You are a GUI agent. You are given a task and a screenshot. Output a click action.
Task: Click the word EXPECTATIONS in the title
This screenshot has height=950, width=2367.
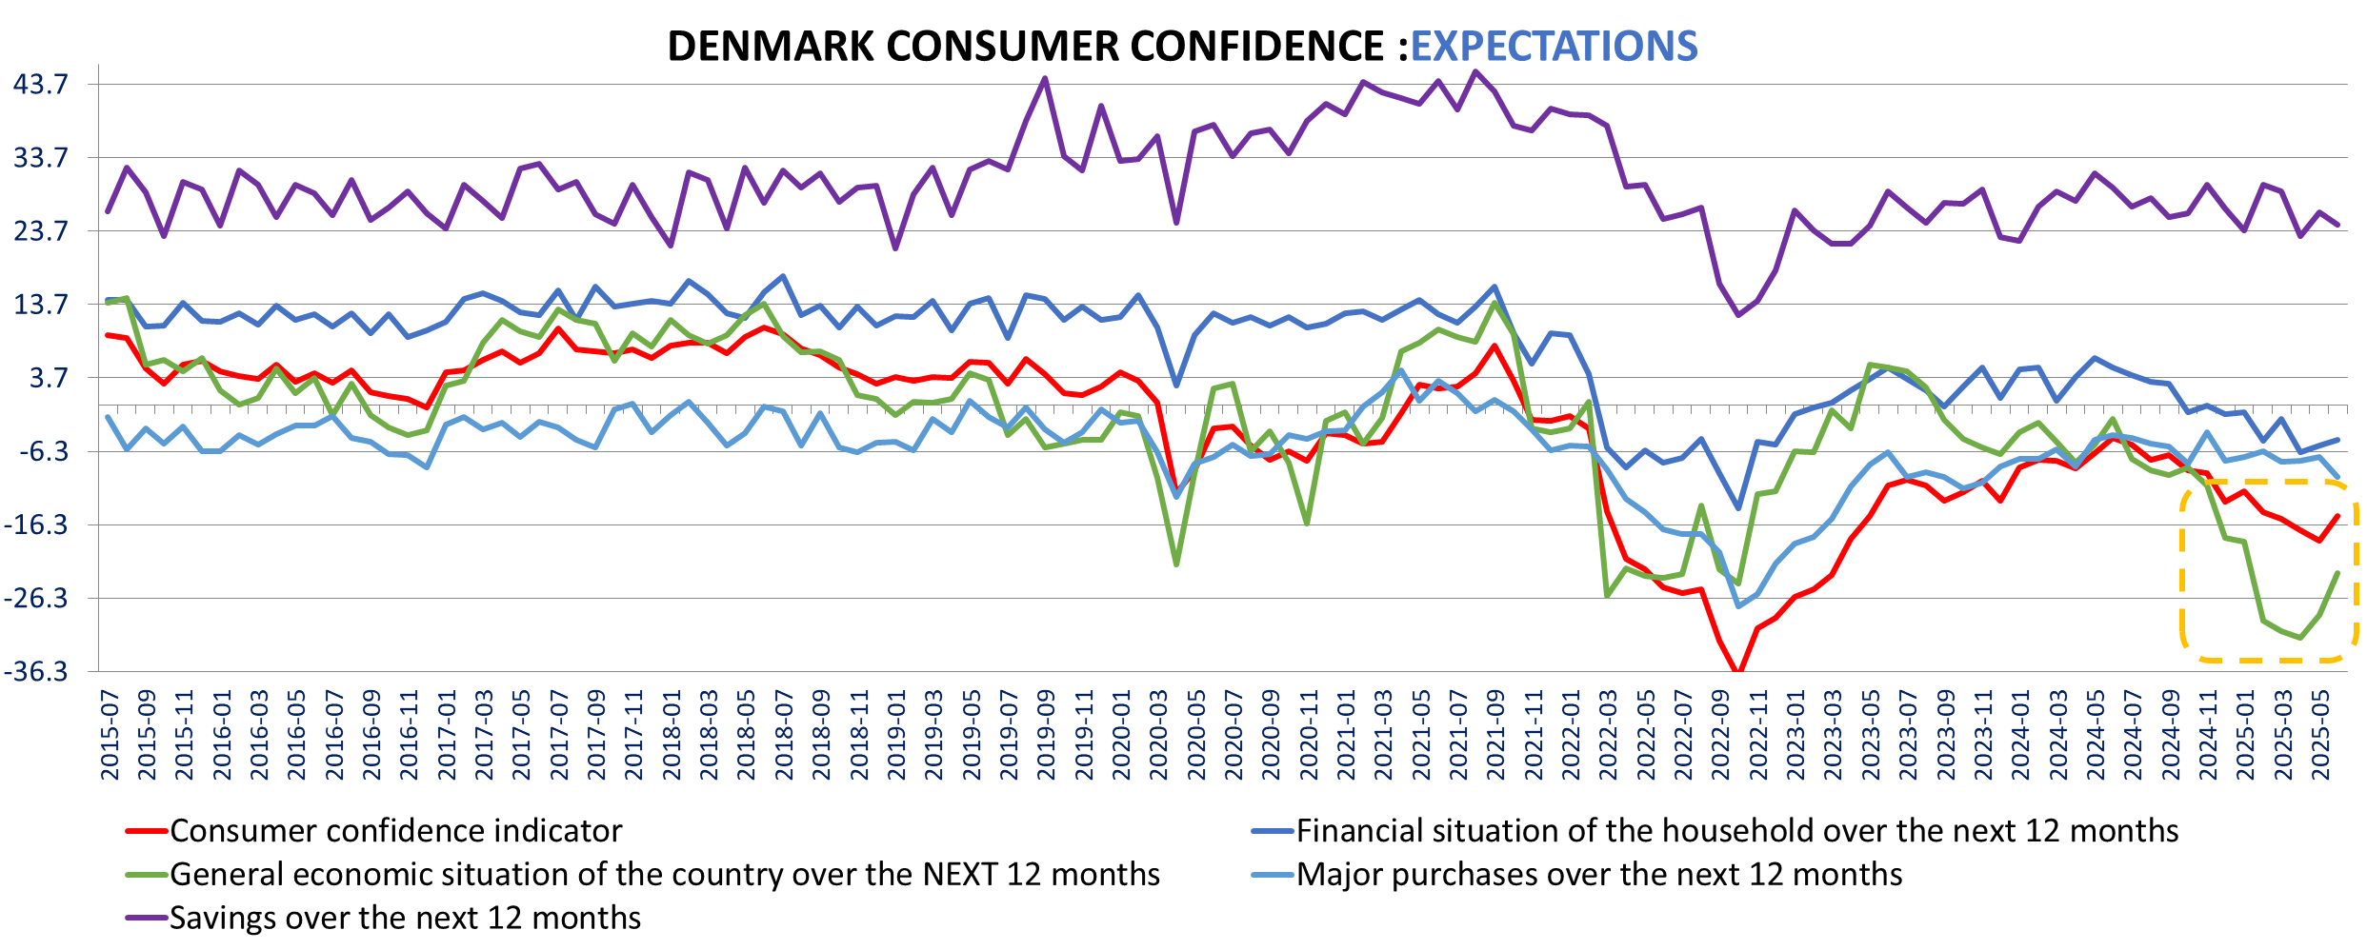[x=1554, y=46]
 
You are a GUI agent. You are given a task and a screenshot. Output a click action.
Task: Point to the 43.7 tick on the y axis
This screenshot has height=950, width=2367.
[x=41, y=85]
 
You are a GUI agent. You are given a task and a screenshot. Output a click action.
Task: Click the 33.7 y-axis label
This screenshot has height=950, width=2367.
[x=41, y=158]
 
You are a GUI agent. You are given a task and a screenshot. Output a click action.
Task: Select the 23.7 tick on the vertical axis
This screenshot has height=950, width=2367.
[x=41, y=231]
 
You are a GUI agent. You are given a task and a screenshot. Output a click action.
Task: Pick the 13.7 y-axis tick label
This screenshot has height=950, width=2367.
[x=41, y=305]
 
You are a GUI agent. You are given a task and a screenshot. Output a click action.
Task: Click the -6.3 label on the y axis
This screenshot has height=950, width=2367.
[x=41, y=451]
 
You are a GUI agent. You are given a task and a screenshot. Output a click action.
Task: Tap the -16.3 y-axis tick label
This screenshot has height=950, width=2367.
[x=37, y=524]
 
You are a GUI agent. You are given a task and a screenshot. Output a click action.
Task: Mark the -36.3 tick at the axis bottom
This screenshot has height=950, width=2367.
[x=37, y=672]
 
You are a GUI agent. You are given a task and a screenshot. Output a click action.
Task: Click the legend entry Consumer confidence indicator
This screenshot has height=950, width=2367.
[x=395, y=831]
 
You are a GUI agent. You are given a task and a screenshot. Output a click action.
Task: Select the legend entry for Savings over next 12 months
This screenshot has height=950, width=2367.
[x=405, y=919]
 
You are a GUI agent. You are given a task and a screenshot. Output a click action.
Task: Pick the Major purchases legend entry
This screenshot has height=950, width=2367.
[x=1598, y=875]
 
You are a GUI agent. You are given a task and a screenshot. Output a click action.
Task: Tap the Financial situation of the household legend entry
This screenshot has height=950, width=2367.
[x=1736, y=831]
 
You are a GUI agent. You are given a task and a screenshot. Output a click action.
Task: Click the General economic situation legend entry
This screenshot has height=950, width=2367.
[x=664, y=875]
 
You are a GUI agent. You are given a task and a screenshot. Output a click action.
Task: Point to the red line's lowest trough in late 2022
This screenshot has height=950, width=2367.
[x=1739, y=671]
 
